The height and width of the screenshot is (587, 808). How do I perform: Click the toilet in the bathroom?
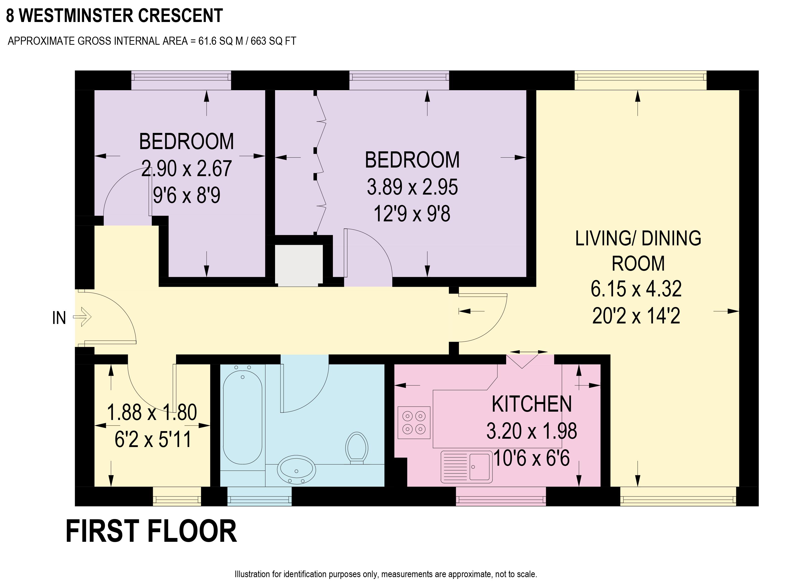point(357,448)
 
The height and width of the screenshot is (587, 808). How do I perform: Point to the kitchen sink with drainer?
point(467,467)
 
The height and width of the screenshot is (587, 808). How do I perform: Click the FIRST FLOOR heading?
point(151,531)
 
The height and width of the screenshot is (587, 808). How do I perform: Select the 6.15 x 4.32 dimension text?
point(636,289)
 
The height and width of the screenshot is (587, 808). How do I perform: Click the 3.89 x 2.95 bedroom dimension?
point(412,187)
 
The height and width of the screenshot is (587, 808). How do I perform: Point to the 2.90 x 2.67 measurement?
point(186,169)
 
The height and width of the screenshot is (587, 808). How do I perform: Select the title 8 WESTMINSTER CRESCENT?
point(114,16)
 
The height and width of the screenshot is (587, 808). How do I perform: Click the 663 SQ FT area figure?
point(273,41)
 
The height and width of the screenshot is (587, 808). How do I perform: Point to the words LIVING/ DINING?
point(638,239)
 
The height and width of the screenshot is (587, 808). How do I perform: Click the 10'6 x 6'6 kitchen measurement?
point(531,458)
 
